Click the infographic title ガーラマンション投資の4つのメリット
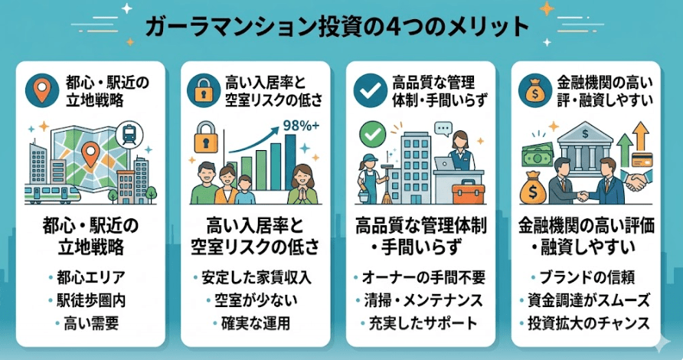tap(337, 27)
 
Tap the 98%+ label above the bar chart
tap(301, 126)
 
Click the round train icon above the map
tap(130, 133)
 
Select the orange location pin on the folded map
tap(90, 154)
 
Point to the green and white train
tap(52, 194)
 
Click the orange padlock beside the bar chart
tap(206, 137)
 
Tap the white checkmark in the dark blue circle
tap(370, 90)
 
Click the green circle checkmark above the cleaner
tap(372, 134)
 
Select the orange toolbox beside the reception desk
tap(469, 194)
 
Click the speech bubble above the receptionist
tap(444, 129)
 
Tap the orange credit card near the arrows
tap(642, 159)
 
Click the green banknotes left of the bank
tap(538, 154)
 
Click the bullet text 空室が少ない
tap(256, 300)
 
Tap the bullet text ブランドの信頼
tap(587, 277)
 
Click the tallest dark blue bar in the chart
tap(290, 162)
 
